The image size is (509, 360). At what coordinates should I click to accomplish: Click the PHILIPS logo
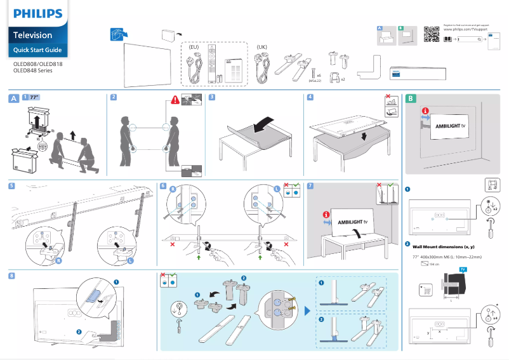click(x=38, y=13)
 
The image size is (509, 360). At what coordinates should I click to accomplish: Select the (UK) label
click(x=262, y=47)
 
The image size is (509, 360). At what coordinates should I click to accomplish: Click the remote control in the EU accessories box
click(x=213, y=63)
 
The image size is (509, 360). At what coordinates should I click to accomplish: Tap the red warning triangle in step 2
click(x=175, y=100)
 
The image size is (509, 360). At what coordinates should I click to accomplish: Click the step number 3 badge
click(x=212, y=97)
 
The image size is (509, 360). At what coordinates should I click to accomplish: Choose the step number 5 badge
click(x=13, y=186)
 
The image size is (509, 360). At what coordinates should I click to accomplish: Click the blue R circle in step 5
click(x=59, y=261)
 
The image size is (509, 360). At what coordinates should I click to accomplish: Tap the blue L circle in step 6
click(x=277, y=189)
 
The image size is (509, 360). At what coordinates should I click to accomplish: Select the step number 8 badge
click(x=13, y=276)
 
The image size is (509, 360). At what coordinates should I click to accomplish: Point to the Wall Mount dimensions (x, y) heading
click(x=444, y=246)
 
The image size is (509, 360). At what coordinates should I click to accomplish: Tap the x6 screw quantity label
click(x=319, y=76)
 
